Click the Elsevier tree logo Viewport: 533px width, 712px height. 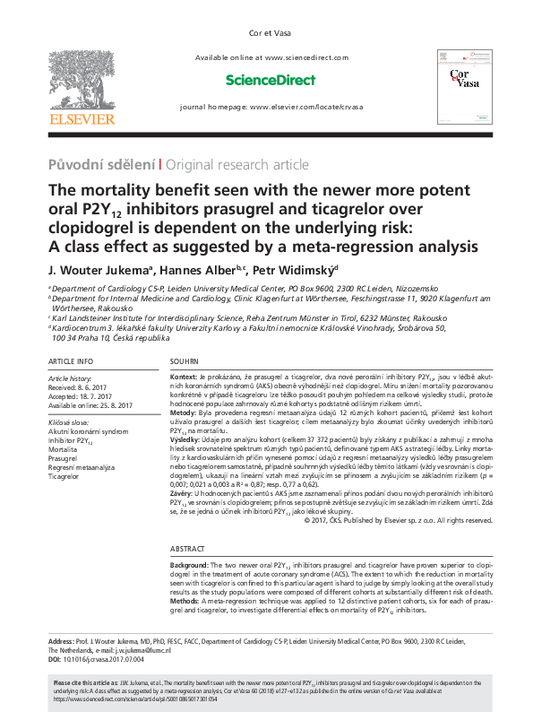[x=82, y=80]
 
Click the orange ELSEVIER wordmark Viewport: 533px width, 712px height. [x=82, y=119]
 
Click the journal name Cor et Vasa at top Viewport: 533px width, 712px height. [x=266, y=35]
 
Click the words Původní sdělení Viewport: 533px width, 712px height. [x=101, y=164]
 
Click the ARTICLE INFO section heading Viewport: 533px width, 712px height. [x=73, y=360]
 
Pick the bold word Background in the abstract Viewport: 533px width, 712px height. [x=190, y=567]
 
